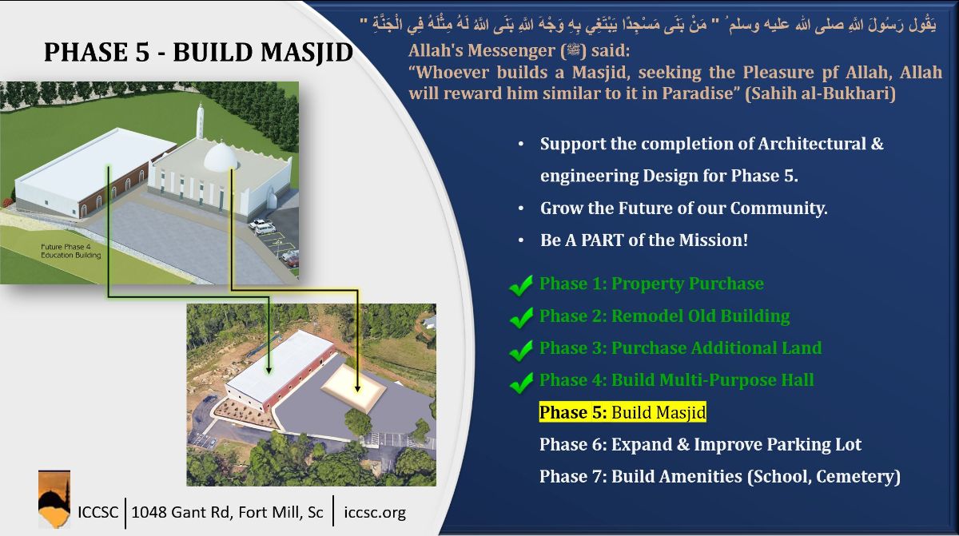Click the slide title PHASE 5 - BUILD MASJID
coord(198,52)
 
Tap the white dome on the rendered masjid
coord(221,157)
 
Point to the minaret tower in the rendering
coord(200,121)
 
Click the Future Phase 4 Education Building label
coord(71,251)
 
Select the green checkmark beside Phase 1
coord(521,285)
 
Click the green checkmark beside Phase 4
coord(521,383)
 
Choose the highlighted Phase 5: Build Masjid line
coord(623,412)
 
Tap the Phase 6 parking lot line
coord(700,444)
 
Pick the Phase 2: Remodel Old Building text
coord(664,316)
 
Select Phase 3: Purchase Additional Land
coord(680,348)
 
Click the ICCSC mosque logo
coord(54,499)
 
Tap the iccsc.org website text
coord(375,512)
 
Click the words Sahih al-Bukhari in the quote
coord(820,93)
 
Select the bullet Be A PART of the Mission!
coord(644,240)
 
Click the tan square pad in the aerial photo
coord(353,387)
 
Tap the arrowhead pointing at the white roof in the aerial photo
coord(269,370)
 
